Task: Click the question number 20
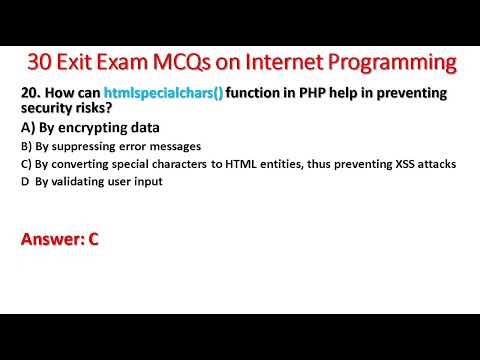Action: click(30, 94)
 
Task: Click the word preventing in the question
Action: click(403, 94)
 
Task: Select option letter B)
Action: click(26, 145)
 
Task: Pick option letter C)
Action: click(26, 163)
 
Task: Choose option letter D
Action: click(25, 181)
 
